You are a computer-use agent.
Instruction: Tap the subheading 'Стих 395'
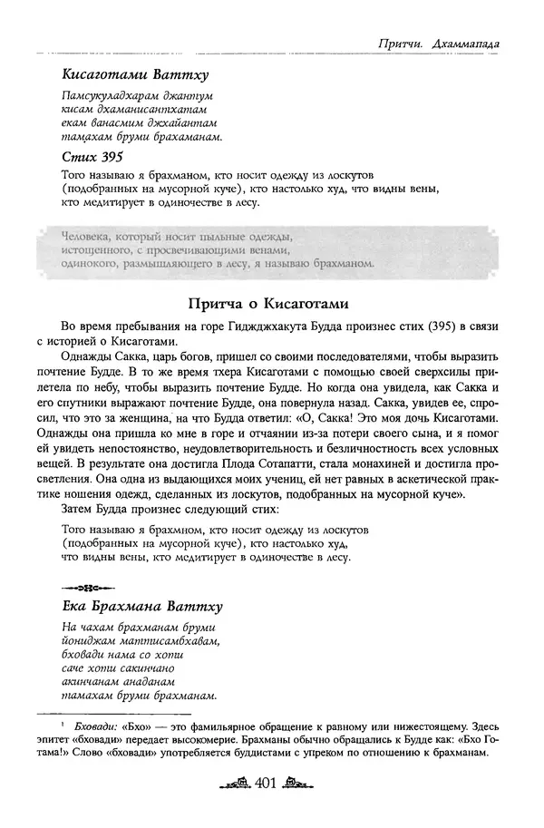(x=93, y=156)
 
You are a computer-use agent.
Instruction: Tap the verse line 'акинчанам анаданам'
(x=119, y=682)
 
